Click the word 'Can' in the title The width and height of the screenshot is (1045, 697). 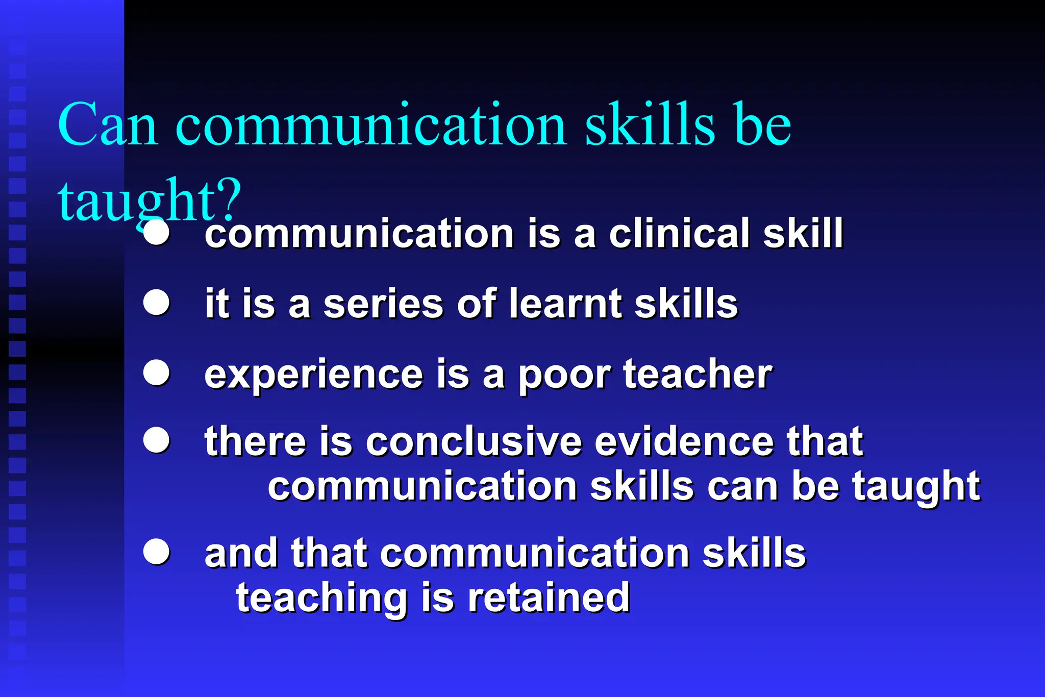(x=107, y=125)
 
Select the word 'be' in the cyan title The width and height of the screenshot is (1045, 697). (x=762, y=125)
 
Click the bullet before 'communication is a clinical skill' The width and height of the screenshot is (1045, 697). (x=156, y=233)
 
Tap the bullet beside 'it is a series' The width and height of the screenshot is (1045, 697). (x=156, y=303)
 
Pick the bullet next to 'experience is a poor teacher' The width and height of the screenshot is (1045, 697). (x=156, y=372)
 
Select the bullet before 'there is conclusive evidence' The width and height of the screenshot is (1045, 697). (x=156, y=440)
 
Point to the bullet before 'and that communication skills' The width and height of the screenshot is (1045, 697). (x=156, y=552)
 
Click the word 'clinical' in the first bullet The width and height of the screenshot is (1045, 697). (x=679, y=233)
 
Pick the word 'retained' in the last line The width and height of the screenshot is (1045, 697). (x=549, y=598)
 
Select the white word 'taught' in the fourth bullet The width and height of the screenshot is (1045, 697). (x=916, y=487)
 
